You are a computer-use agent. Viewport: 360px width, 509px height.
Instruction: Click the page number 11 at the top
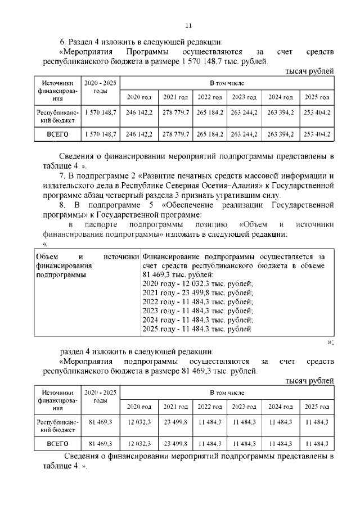[188, 25]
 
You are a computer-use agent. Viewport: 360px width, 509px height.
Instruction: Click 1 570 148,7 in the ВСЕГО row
[100, 134]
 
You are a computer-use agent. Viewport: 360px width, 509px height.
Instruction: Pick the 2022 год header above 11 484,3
[210, 406]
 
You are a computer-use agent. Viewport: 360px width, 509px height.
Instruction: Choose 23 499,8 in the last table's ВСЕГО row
[175, 443]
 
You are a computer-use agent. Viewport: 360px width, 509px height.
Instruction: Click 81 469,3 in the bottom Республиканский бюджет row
[100, 422]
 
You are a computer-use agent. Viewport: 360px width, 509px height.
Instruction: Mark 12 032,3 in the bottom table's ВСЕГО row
[139, 443]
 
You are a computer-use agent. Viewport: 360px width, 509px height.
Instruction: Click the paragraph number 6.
[62, 42]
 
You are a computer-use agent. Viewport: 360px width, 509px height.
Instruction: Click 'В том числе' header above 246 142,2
[227, 83]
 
